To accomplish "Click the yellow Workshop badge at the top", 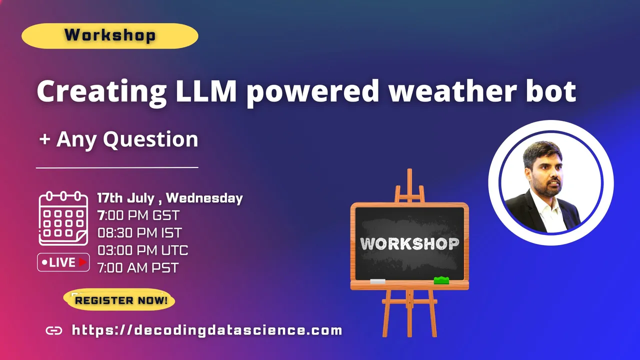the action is (110, 35).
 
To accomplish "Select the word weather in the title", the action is (451, 91).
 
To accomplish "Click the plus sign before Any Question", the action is (45, 139).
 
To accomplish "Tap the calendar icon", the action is (63, 218).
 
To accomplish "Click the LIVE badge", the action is (63, 262).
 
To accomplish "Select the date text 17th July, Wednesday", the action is (170, 198).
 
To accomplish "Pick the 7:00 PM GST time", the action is (138, 215).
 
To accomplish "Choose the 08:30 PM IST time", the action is (139, 233).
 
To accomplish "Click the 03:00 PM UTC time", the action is (143, 250).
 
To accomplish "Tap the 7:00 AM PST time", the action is (138, 267).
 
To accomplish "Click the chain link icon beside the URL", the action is (54, 330).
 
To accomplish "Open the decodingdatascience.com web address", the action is (207, 330).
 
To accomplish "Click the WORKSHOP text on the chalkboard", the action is (409, 243).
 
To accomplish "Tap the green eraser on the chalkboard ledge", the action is (441, 280).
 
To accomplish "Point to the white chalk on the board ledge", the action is (377, 281).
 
